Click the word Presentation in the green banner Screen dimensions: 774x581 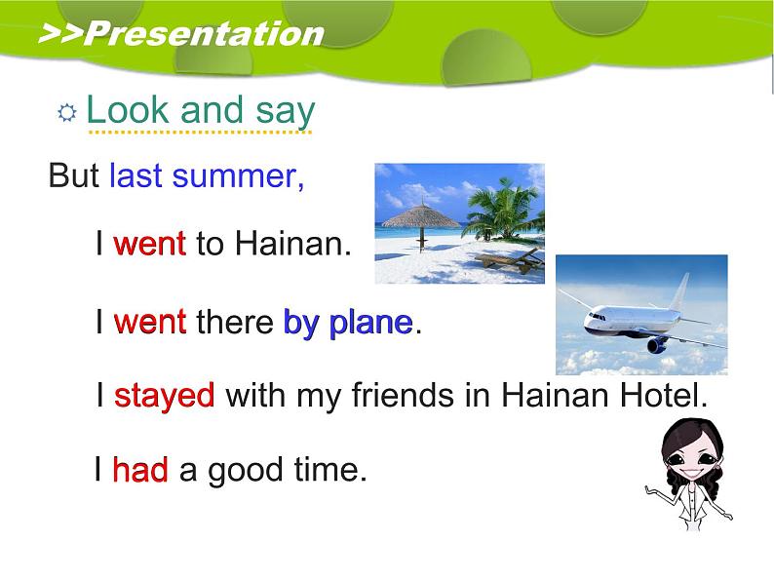click(204, 34)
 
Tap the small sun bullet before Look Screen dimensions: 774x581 click(67, 112)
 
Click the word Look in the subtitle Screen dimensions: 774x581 click(128, 109)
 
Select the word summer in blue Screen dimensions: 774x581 click(238, 176)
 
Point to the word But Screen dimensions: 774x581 click(73, 175)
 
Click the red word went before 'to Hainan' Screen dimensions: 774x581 click(149, 244)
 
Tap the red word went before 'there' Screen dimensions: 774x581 click(149, 322)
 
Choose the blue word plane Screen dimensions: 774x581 click(370, 325)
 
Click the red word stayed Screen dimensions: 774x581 click(165, 397)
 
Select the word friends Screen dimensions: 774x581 click(403, 395)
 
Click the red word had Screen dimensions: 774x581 click(140, 469)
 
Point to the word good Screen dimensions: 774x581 click(246, 471)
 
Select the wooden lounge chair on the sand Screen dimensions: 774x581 click(509, 260)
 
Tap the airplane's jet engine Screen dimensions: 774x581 click(657, 344)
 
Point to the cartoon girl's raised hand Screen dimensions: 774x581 click(651, 489)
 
